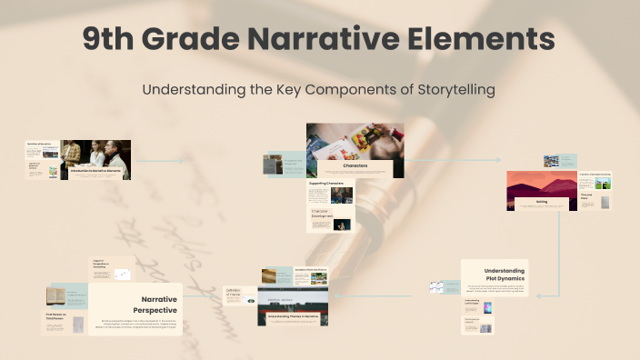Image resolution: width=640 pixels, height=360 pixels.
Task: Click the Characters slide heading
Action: [x=355, y=166]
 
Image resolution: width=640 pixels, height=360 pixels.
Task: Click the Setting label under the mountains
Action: [x=541, y=202]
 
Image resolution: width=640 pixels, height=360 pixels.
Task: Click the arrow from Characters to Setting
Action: [x=455, y=160]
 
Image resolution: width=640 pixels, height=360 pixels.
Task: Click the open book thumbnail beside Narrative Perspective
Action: [x=55, y=296]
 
